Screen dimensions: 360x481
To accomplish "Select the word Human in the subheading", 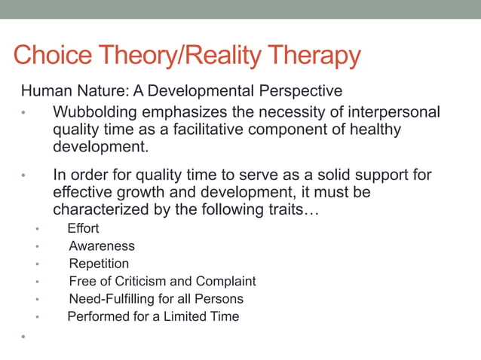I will coord(42,92).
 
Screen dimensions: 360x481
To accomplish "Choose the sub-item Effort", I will coord(83,228).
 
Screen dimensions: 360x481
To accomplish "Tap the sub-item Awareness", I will coord(102,246).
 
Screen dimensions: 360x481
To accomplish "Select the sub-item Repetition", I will coord(99,264).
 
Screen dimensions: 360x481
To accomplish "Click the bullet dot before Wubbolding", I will coord(23,114).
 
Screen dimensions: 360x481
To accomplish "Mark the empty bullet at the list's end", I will coord(23,337).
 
